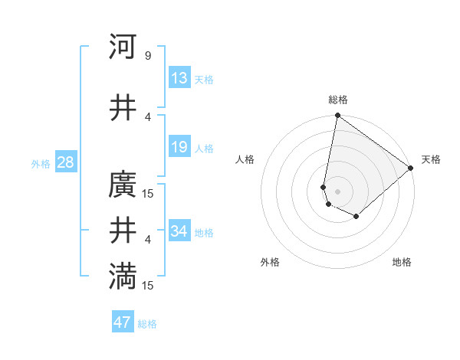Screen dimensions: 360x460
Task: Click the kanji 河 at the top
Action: pyautogui.click(x=123, y=47)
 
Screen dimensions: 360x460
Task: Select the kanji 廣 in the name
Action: pyautogui.click(x=123, y=185)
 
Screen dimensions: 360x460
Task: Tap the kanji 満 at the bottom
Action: pyautogui.click(x=123, y=277)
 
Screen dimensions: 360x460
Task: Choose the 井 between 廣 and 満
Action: pyautogui.click(x=123, y=231)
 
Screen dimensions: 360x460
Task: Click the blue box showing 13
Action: pyautogui.click(x=179, y=78)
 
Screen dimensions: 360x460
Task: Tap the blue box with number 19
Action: pyautogui.click(x=179, y=147)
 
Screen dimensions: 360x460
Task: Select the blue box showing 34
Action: pyautogui.click(x=179, y=231)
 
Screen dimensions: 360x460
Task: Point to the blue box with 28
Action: pyautogui.click(x=64, y=162)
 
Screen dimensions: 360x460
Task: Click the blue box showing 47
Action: pyautogui.click(x=123, y=322)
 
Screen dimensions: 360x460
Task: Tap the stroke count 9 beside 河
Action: pyautogui.click(x=147, y=55)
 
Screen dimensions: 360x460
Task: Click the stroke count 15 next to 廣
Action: pyautogui.click(x=148, y=193)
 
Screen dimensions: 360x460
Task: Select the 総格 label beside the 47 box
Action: pyautogui.click(x=147, y=324)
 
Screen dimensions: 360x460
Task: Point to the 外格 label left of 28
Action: pyautogui.click(x=41, y=164)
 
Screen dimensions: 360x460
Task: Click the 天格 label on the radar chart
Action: pyautogui.click(x=431, y=159)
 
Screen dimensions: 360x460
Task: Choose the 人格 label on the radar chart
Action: pyautogui.click(x=245, y=159)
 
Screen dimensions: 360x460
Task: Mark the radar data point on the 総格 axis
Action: pyautogui.click(x=337, y=116)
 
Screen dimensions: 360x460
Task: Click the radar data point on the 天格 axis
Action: pyautogui.click(x=411, y=168)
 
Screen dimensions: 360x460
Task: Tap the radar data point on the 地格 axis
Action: pyautogui.click(x=356, y=217)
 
